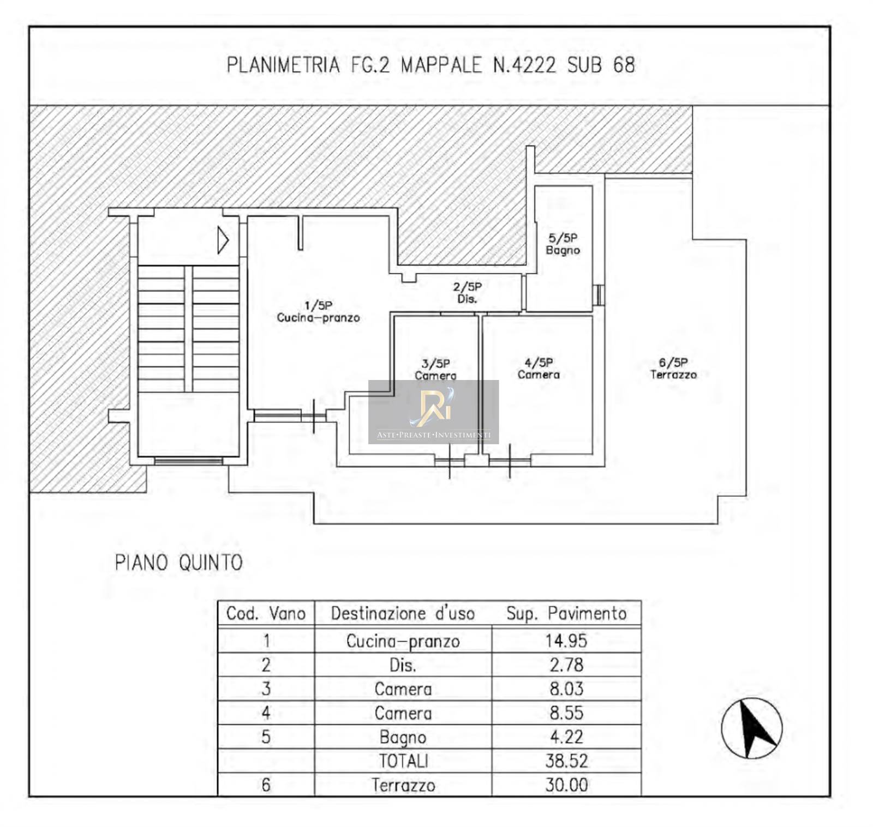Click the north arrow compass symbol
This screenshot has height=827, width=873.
click(751, 728)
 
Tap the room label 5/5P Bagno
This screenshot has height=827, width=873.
click(563, 244)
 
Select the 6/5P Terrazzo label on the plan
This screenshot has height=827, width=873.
click(673, 369)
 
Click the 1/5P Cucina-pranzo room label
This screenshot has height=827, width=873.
click(318, 311)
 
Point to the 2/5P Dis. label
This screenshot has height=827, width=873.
click(467, 293)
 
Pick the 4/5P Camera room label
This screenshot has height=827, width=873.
click(539, 369)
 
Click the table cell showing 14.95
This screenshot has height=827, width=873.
click(566, 641)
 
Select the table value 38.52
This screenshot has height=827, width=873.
click(566, 760)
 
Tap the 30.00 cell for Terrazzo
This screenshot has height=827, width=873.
click(566, 785)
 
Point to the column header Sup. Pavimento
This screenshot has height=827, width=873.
click(566, 614)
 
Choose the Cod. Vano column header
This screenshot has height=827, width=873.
click(266, 614)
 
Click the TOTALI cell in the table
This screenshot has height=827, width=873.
click(403, 761)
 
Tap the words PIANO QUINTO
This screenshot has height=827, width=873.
click(178, 563)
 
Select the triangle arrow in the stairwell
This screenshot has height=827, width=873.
click(223, 240)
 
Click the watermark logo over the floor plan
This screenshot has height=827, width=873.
click(434, 412)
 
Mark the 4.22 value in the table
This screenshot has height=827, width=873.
click(566, 737)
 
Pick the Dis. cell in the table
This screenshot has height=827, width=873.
click(403, 665)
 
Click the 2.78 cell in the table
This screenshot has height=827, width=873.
click(566, 665)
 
